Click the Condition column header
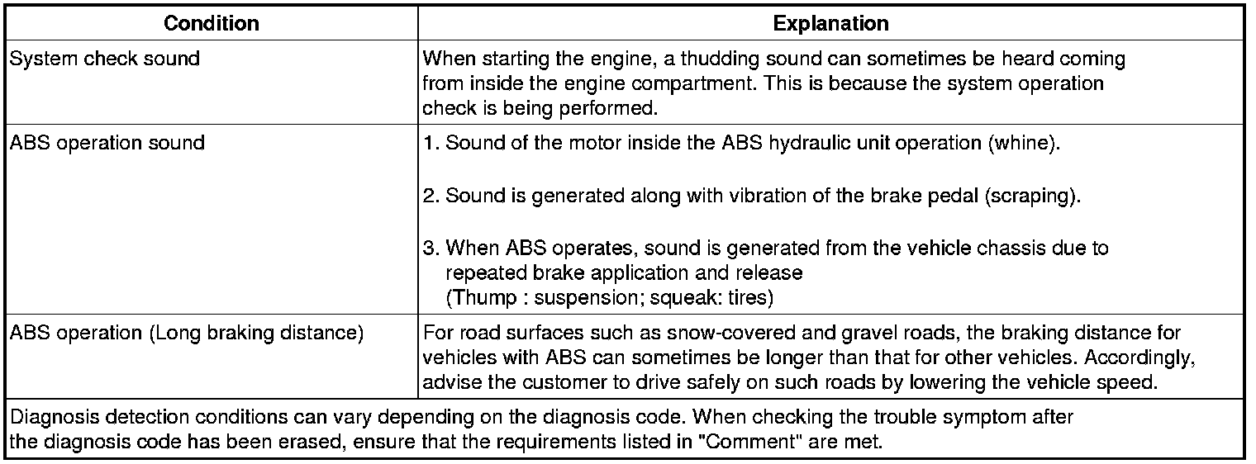211,24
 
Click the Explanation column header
830,24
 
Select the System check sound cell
104,59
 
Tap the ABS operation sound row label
107,143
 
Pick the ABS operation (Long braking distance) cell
186,334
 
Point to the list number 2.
429,196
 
